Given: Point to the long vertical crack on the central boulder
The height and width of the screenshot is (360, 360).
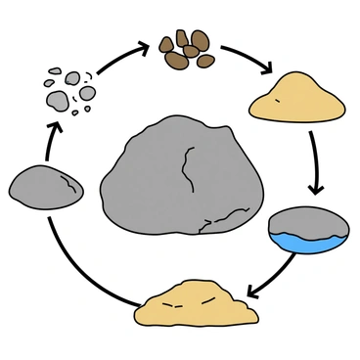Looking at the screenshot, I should tap(187, 172).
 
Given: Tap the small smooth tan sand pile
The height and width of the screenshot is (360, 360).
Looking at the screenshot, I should tap(297, 96).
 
